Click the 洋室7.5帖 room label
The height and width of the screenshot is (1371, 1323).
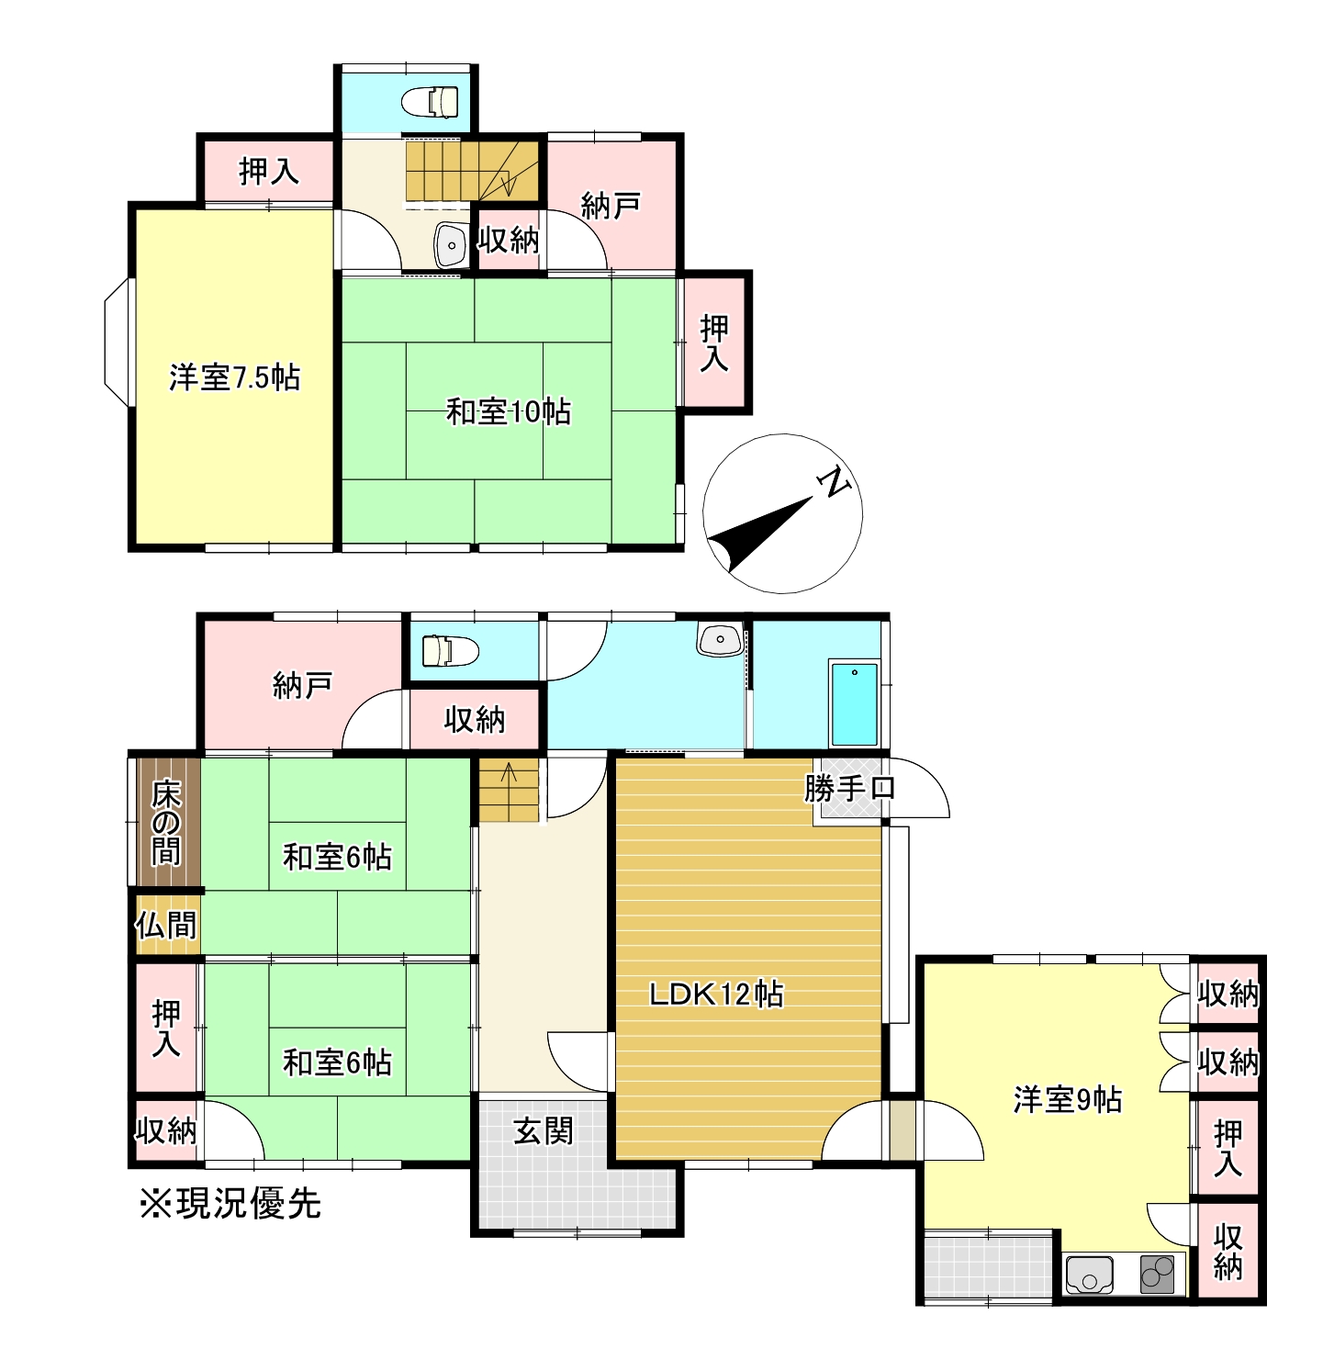tap(235, 377)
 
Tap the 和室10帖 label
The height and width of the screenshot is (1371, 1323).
tap(508, 410)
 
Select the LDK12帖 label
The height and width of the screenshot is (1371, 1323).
tap(716, 994)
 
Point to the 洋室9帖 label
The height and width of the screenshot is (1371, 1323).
tap(1067, 1099)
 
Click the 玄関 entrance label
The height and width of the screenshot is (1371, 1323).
tap(543, 1131)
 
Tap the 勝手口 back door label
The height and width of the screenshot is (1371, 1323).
tap(848, 788)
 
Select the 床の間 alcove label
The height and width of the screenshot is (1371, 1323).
tap(166, 823)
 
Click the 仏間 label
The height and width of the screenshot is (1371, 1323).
tap(166, 925)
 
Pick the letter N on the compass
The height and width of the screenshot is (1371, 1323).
tap(833, 481)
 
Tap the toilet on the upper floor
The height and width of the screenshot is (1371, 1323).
tap(432, 102)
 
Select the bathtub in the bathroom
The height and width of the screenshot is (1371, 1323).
tap(854, 702)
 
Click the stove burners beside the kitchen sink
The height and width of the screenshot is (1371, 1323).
tap(1157, 1275)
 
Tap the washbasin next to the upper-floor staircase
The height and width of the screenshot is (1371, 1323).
tap(451, 244)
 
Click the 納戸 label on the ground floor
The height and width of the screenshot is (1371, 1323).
tap(302, 685)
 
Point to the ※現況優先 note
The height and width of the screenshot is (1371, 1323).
tap(230, 1203)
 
